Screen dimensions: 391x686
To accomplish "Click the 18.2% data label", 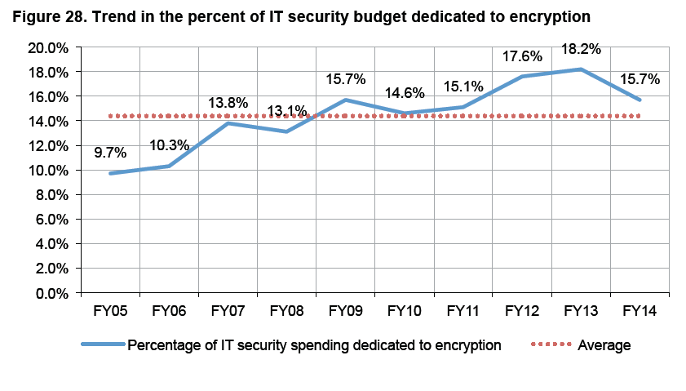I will (x=582, y=49).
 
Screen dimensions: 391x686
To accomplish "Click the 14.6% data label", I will (x=405, y=93).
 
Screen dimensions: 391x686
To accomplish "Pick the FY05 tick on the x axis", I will (x=111, y=310).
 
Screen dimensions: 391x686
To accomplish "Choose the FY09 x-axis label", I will (x=346, y=310).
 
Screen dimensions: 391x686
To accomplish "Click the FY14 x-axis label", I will (x=640, y=310).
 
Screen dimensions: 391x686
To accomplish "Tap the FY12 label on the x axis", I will (x=523, y=310).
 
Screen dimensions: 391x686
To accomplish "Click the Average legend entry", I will (x=604, y=345).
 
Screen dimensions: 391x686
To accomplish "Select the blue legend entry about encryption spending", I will (x=314, y=345).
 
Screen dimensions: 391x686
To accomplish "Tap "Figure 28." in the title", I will (x=50, y=16).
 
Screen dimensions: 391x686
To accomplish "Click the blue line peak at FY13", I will (x=582, y=69).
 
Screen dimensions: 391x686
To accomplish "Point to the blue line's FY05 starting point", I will (x=111, y=173).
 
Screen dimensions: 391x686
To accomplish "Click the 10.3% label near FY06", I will (x=170, y=145).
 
